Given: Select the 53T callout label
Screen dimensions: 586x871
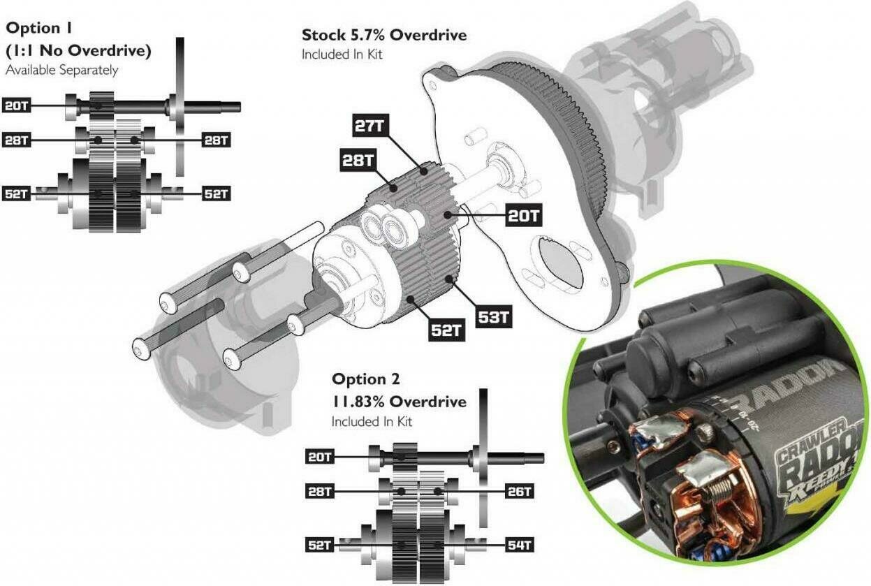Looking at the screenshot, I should [495, 317].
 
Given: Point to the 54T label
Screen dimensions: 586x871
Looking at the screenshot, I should [520, 545].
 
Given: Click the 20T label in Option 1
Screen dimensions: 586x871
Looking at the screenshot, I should [17, 106].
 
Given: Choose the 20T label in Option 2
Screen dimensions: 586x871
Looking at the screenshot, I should [320, 457].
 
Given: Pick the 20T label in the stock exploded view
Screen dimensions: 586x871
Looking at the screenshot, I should [524, 216].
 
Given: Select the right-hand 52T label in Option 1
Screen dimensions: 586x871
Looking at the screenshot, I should [216, 193].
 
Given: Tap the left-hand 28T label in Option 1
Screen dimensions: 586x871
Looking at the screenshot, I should [17, 140].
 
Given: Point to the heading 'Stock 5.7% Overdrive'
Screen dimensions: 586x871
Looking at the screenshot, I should [383, 35].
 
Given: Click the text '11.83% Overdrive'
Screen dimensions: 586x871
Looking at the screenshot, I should [399, 402].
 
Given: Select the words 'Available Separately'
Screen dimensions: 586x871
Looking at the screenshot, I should [61, 70].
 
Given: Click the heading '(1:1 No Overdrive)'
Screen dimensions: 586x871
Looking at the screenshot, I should [78, 50].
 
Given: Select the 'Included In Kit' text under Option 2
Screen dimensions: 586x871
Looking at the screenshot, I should [372, 421].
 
